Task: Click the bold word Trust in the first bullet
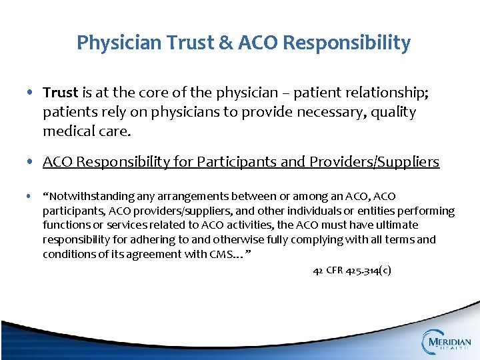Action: pos(61,93)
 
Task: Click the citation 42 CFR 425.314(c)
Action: pos(352,271)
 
